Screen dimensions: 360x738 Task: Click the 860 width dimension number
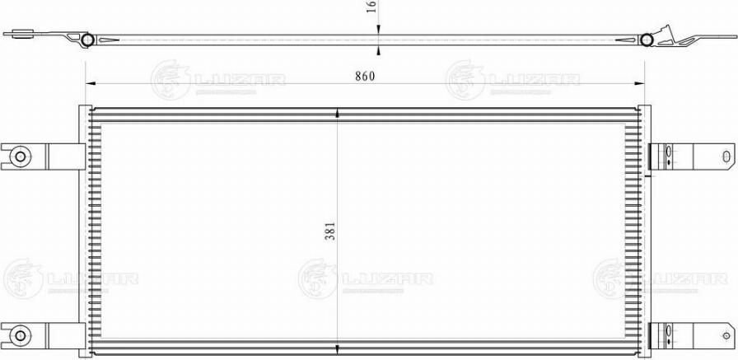tap(365, 77)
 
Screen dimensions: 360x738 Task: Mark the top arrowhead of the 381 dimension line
tap(338, 114)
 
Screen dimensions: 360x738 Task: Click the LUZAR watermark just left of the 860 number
tap(217, 81)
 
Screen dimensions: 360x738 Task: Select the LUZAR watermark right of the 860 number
tap(512, 81)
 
